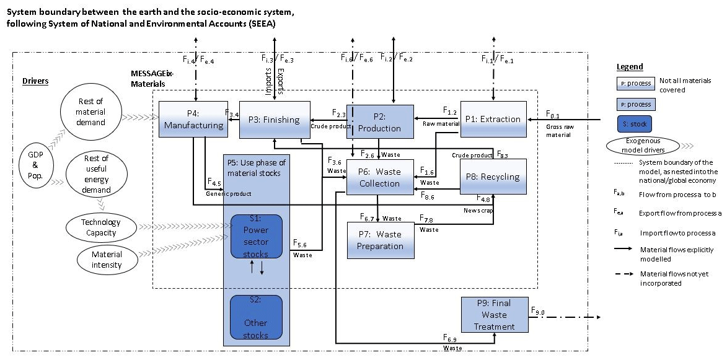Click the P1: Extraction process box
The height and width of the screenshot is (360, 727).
pos(493,119)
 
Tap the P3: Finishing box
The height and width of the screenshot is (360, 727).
pos(275,120)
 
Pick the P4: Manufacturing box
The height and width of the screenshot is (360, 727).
pos(193,120)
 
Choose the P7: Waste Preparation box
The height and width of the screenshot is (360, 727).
pos(380,240)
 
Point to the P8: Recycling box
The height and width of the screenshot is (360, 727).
pos(493,177)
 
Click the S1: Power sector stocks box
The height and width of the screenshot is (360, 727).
pos(256,236)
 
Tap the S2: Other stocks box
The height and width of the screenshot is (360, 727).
pos(256,317)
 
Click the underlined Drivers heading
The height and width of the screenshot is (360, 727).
pos(35,81)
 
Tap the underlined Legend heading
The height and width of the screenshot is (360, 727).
pos(630,67)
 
